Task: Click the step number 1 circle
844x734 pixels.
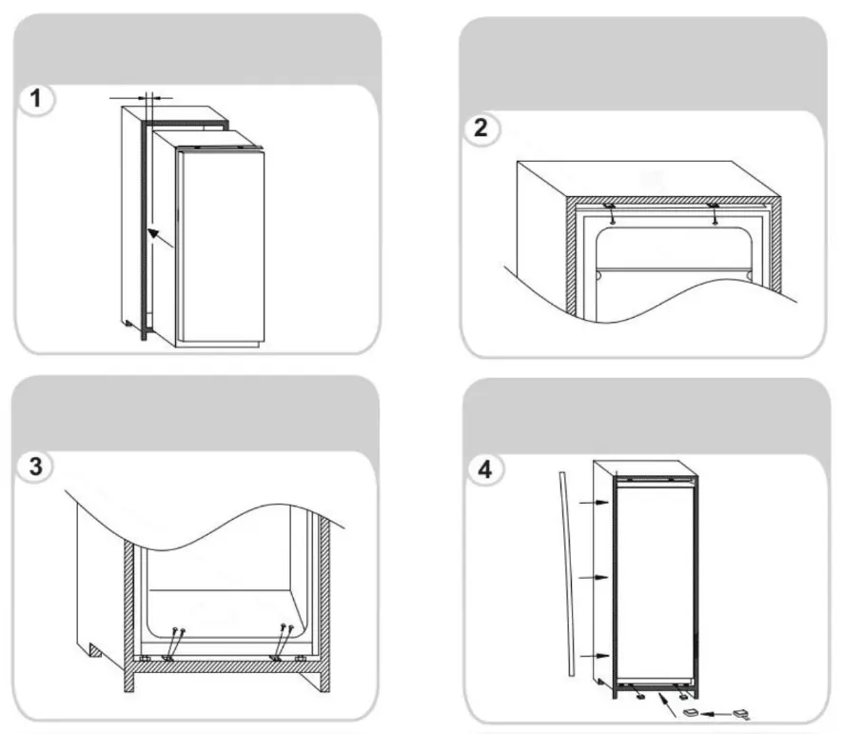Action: (36, 99)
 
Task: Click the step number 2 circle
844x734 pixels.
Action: (481, 129)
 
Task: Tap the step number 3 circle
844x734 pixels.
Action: (35, 466)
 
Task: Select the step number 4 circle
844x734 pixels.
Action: (485, 469)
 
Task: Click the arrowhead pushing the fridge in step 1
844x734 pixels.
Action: (153, 233)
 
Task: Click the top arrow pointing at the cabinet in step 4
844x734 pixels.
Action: (594, 503)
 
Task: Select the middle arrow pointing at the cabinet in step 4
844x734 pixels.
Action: (594, 577)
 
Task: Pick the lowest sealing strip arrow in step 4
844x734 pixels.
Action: (595, 656)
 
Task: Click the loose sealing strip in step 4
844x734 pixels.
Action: (566, 574)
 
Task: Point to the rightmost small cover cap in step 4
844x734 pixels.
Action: (741, 715)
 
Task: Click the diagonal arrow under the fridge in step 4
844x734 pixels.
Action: (668, 705)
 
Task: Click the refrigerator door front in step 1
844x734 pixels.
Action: (221, 246)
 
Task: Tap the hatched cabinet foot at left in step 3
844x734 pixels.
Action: (95, 651)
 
